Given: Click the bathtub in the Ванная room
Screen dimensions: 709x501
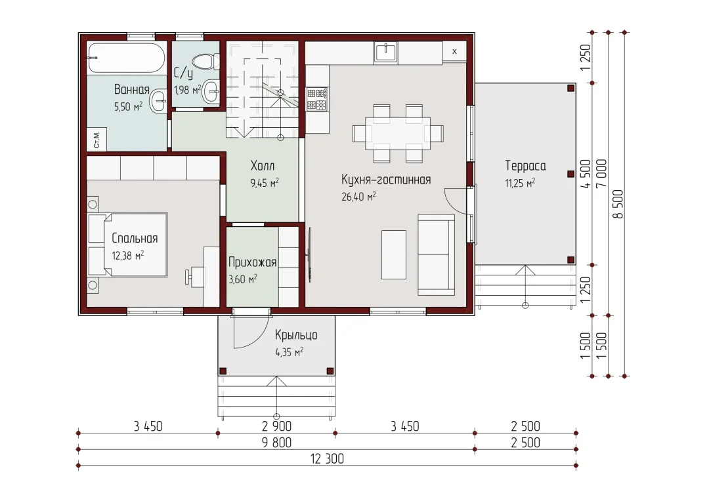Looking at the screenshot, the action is tap(126, 58).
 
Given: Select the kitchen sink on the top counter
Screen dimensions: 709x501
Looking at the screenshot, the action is tap(385, 52).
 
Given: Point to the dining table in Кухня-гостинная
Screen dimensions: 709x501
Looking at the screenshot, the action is tap(398, 133).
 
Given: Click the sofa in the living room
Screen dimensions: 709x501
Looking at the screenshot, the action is tap(436, 255).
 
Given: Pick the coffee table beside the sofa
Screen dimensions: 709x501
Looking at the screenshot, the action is tap(394, 255).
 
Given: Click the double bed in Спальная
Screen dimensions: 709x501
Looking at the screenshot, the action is tap(127, 245).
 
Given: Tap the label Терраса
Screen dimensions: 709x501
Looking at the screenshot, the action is tap(525, 166).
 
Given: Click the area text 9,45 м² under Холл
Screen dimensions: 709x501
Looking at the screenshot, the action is tap(265, 183).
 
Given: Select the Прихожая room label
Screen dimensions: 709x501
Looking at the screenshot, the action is tap(252, 262).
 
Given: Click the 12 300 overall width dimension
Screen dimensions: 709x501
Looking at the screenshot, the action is tap(327, 459).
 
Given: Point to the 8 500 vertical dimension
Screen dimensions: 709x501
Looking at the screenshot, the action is tap(618, 204).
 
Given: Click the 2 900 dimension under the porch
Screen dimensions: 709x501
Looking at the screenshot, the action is tap(276, 426).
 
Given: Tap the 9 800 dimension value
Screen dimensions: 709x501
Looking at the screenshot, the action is tap(276, 442).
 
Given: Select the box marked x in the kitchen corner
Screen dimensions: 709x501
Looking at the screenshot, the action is tap(454, 52).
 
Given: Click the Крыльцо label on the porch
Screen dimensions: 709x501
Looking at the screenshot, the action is tap(296, 335).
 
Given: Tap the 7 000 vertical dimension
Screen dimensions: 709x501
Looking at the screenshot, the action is tap(602, 174).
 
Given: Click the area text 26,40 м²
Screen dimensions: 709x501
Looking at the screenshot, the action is tap(358, 197).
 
